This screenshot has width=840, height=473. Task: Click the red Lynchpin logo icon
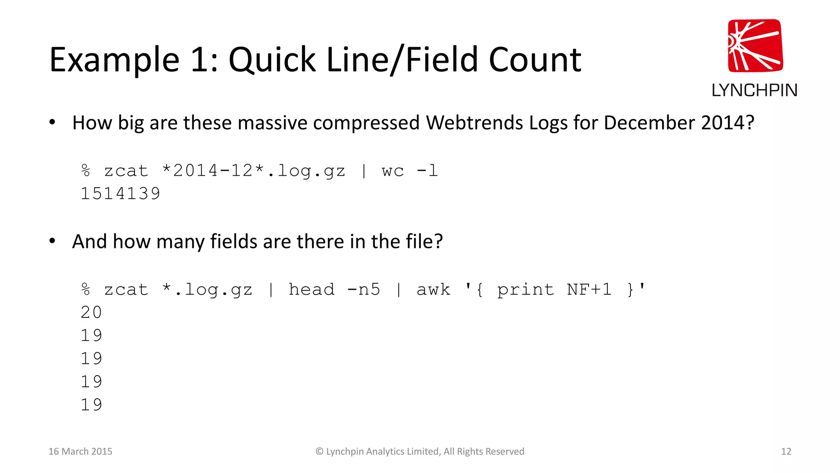(x=755, y=46)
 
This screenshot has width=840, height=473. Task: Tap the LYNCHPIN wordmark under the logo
(x=754, y=90)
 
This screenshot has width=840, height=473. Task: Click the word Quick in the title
(x=272, y=60)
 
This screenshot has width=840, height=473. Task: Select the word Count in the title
(x=535, y=60)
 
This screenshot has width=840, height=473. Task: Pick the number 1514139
(x=120, y=194)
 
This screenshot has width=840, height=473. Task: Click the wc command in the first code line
(x=393, y=171)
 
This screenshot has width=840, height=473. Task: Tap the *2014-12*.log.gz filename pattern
(x=253, y=171)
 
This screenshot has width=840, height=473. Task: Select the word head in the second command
(x=311, y=289)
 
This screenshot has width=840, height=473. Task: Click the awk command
(x=433, y=289)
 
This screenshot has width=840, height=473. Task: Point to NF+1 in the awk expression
(x=589, y=289)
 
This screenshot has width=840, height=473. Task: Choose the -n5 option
(x=363, y=289)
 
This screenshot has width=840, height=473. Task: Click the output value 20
(x=91, y=312)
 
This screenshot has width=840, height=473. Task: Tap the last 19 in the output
(x=91, y=405)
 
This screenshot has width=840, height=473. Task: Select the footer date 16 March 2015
(x=80, y=452)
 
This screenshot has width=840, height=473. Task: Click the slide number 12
(x=786, y=452)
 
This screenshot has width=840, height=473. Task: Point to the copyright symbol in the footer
(x=320, y=452)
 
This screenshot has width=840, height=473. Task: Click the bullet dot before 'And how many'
(x=52, y=241)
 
